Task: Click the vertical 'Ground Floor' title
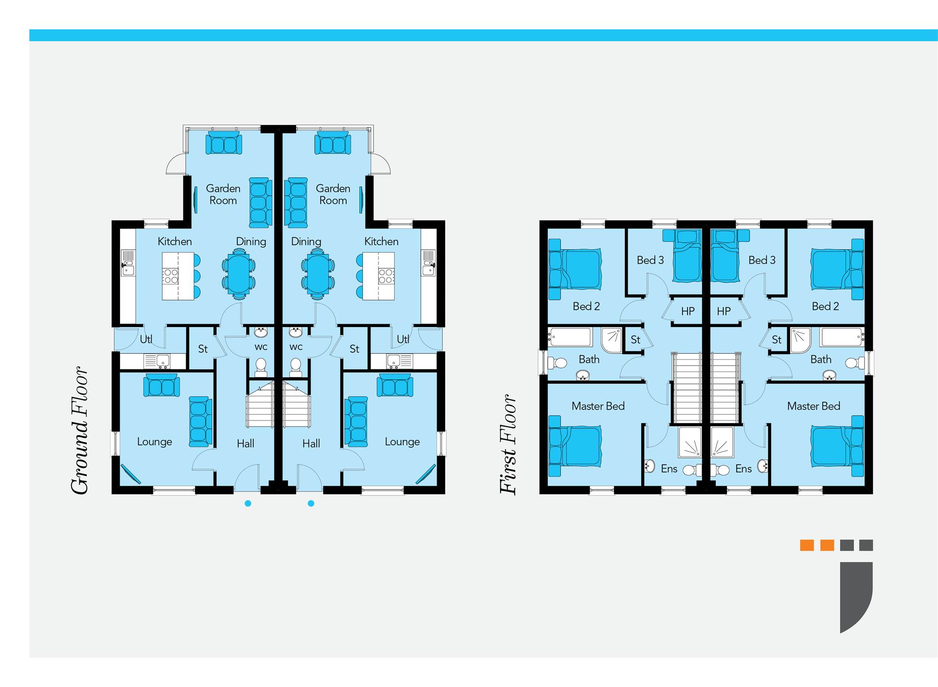click(80, 430)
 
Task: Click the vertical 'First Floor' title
click(508, 444)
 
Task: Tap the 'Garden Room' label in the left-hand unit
click(223, 194)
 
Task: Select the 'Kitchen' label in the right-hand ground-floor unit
click(381, 242)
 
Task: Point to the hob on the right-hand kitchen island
click(386, 276)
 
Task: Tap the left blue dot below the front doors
click(248, 504)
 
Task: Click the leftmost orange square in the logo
click(807, 545)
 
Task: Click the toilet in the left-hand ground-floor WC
click(261, 366)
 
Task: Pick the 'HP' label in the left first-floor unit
click(688, 311)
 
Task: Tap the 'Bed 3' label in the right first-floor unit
click(762, 260)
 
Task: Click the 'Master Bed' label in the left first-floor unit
click(598, 406)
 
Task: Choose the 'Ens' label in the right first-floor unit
click(743, 468)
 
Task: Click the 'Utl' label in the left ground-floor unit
click(146, 339)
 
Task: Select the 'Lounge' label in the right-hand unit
click(402, 442)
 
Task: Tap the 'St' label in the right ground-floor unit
click(354, 349)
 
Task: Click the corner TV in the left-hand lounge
click(131, 473)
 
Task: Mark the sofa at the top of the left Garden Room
click(224, 143)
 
